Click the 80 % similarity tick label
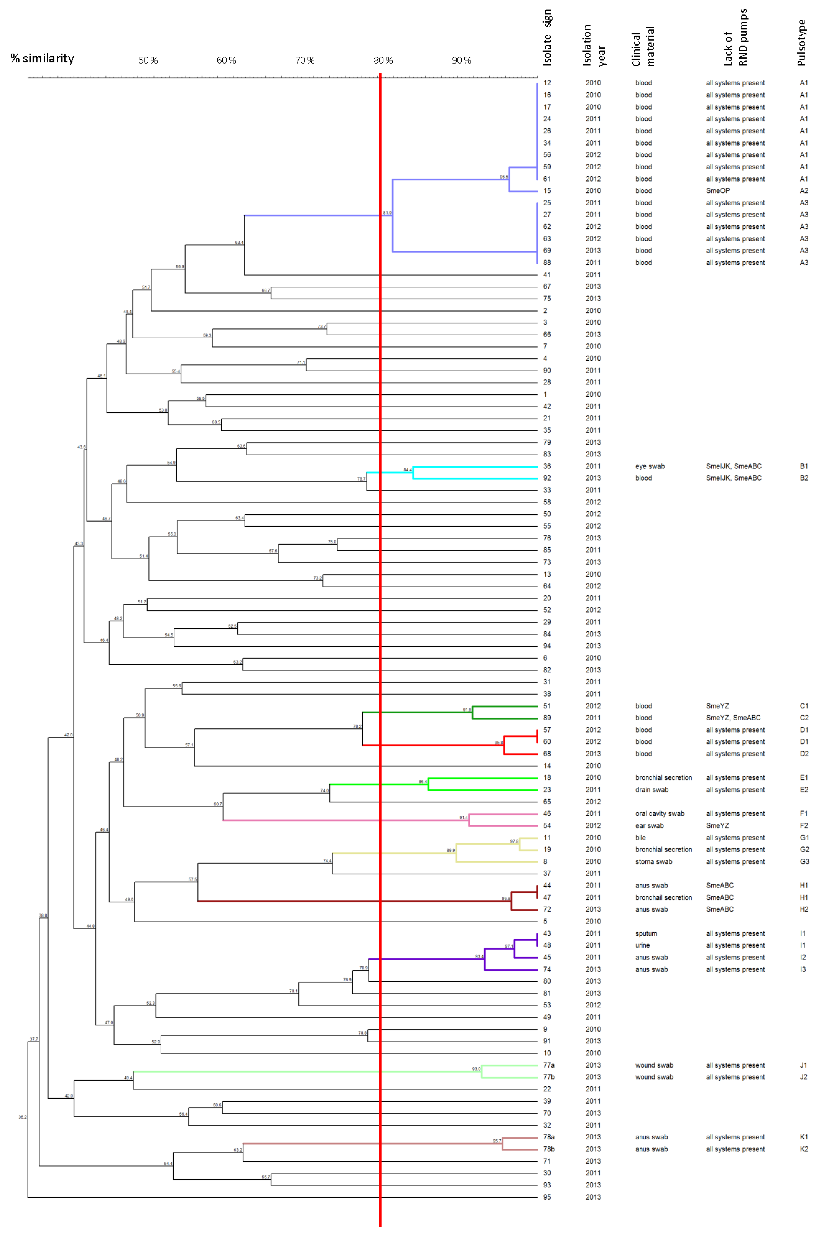[383, 60]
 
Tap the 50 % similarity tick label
[148, 60]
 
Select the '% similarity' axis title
[43, 58]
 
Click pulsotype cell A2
[804, 191]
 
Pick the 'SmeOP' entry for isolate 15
[718, 191]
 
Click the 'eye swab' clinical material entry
[649, 466]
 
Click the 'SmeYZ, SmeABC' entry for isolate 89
[733, 718]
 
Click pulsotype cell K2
[804, 1149]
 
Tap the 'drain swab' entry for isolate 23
[652, 789]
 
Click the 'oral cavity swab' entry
[659, 813]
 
